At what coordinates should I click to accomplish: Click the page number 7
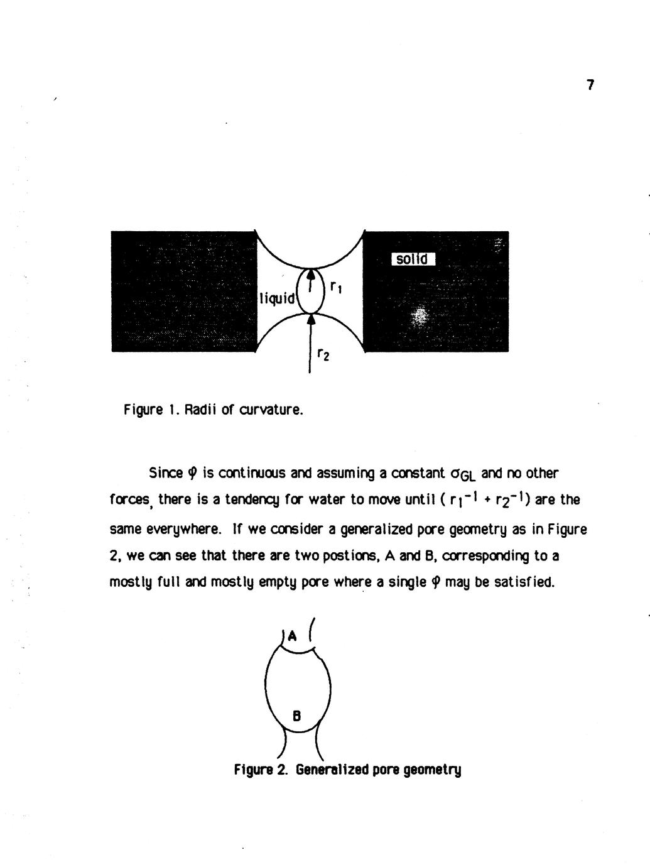point(590,85)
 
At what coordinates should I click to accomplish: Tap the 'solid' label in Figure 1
point(413,259)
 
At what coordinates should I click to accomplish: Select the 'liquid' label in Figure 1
point(277,298)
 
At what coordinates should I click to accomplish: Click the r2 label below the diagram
point(322,356)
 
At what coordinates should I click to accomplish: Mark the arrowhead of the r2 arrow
point(310,320)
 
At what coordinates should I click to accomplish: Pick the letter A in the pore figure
point(291,636)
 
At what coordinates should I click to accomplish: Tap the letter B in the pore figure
point(297,714)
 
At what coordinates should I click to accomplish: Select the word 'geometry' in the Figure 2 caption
point(435,770)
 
